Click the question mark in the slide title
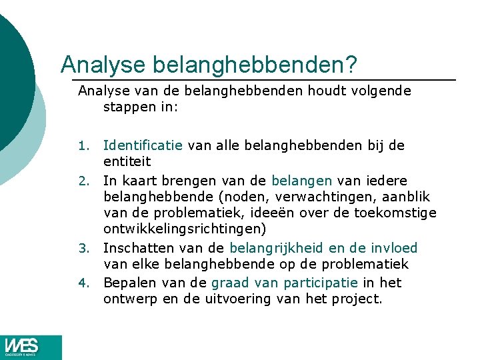pos(351,65)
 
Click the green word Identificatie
pos(143,145)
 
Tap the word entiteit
pos(127,161)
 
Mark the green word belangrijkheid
pos(283,249)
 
